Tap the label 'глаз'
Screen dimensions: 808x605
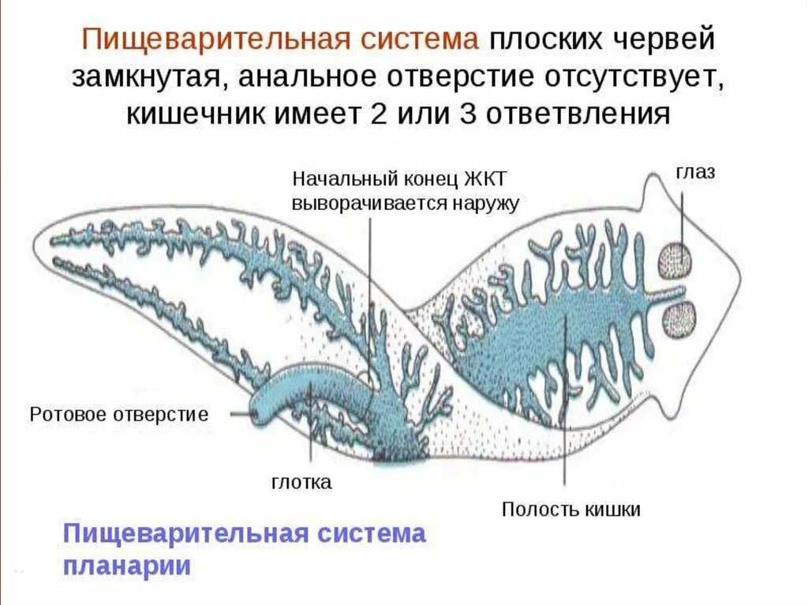point(695,172)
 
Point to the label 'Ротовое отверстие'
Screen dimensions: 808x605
point(118,414)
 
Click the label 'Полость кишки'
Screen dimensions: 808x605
point(571,509)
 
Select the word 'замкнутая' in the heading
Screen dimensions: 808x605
point(147,77)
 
